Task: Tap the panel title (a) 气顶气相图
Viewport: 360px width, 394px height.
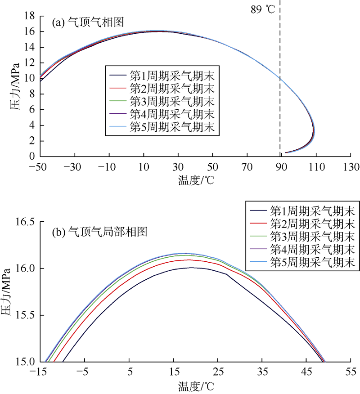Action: pyautogui.click(x=88, y=22)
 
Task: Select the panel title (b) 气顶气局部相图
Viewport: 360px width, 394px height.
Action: pyautogui.click(x=100, y=232)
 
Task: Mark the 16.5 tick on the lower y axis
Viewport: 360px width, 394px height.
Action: pyautogui.click(x=26, y=222)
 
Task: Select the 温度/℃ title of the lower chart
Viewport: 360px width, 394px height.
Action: pyautogui.click(x=195, y=385)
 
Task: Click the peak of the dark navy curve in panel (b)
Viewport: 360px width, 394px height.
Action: pyautogui.click(x=192, y=268)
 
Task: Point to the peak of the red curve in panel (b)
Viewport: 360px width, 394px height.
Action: pyautogui.click(x=189, y=260)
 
